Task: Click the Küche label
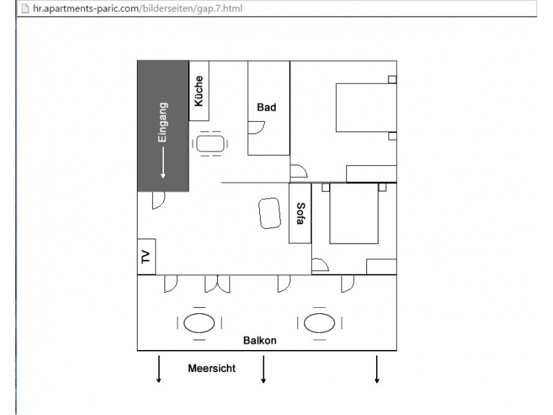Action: (199, 91)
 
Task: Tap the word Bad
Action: (266, 107)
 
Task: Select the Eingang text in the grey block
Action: (162, 122)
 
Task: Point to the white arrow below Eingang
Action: (163, 163)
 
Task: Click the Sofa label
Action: (300, 213)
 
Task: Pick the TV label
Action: (146, 257)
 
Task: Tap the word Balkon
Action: (260, 340)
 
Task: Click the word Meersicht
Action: (212, 369)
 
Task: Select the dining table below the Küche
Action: (210, 144)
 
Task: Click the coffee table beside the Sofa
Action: (270, 213)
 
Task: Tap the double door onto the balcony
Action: (217, 284)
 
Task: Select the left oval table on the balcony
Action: (199, 323)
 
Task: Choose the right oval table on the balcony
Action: (319, 323)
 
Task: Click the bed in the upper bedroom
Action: (366, 108)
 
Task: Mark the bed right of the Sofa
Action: (354, 214)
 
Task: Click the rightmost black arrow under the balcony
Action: (377, 369)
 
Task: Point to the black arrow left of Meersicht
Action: (159, 369)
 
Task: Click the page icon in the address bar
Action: (26, 8)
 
